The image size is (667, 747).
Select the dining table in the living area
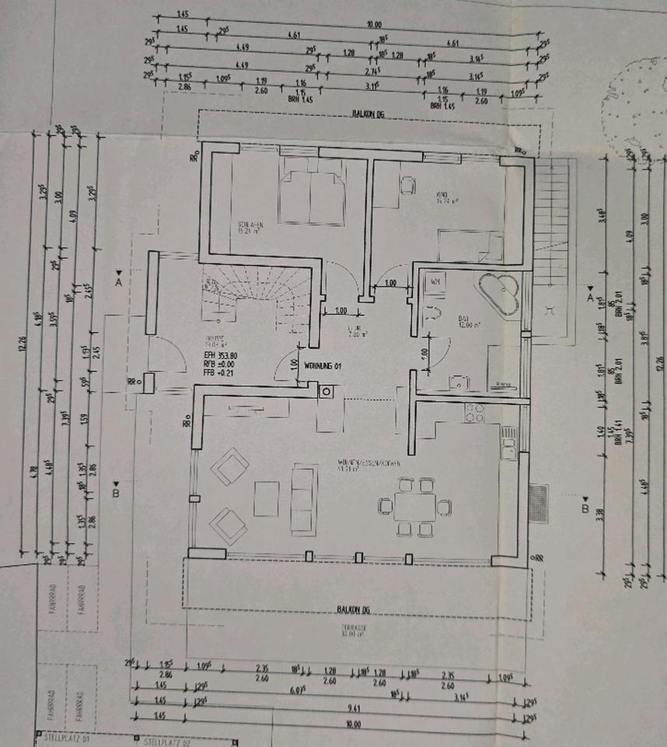415,507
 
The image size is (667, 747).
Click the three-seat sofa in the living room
303,499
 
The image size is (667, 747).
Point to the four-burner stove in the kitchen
474,412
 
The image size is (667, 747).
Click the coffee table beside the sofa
267,498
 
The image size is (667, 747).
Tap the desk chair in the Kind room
407,185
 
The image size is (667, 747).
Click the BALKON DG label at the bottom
351,609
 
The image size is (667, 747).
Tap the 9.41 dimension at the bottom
354,708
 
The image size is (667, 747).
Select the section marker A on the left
118,281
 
